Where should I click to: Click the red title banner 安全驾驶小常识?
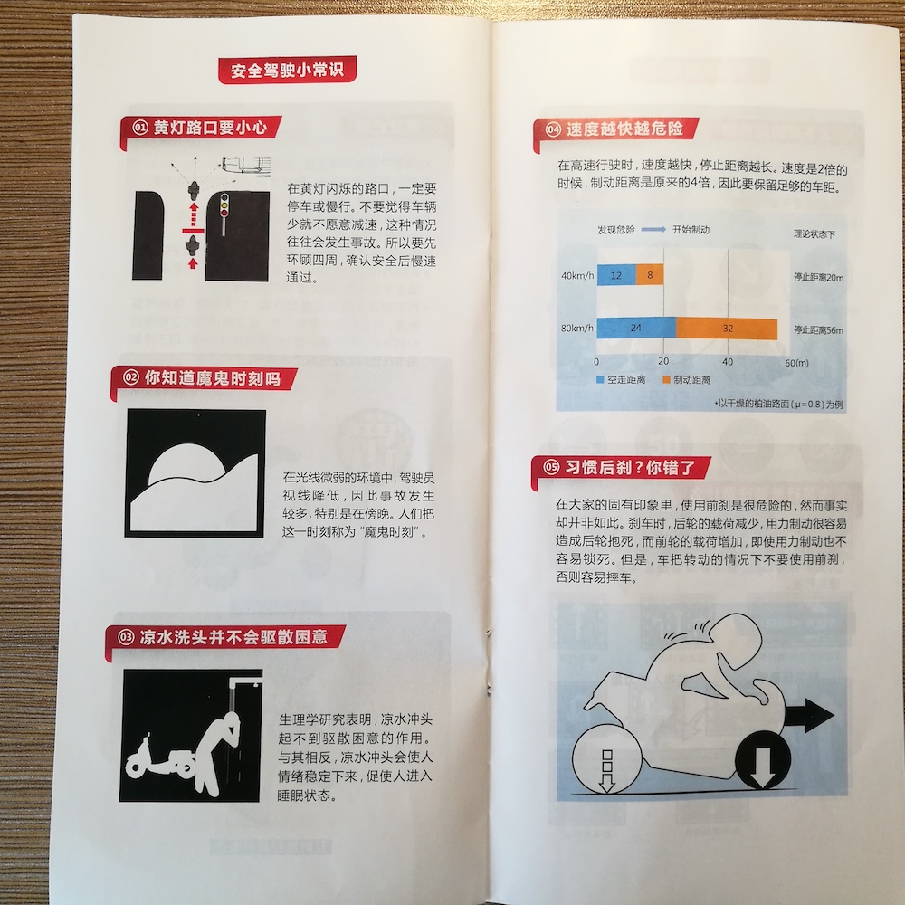pos(287,70)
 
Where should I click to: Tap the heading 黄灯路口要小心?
pos(210,127)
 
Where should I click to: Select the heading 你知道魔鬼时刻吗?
pos(213,378)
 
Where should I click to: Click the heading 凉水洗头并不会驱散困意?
pos(233,636)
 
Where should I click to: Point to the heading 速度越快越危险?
pos(624,129)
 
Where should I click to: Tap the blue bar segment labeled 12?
pos(616,275)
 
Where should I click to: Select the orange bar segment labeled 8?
pos(649,275)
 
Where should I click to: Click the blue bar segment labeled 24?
pos(636,328)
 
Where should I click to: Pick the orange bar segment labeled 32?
pos(727,329)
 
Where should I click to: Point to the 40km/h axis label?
pos(577,276)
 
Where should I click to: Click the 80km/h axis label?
pos(577,329)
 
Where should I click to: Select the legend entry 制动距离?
pos(686,380)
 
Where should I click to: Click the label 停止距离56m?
pos(818,330)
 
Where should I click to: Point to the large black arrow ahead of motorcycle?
pos(807,716)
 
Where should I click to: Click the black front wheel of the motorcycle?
pos(762,761)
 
